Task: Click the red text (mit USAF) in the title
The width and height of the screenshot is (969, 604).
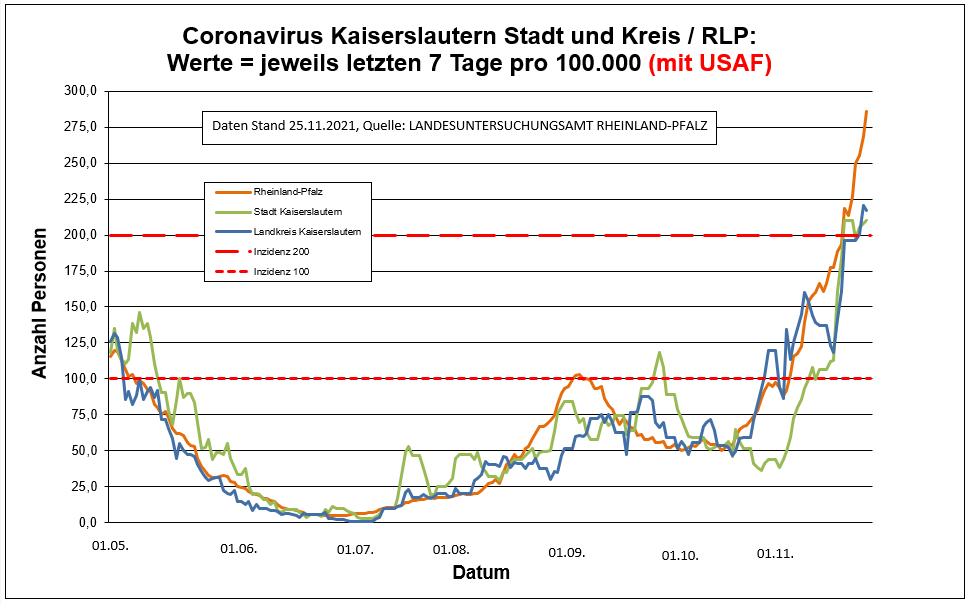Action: point(710,63)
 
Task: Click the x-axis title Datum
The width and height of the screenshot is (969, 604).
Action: point(481,573)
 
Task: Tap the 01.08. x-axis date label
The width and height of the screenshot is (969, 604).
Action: point(451,549)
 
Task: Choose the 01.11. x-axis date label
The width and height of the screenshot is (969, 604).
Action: point(775,553)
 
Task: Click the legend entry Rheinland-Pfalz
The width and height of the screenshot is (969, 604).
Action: point(291,191)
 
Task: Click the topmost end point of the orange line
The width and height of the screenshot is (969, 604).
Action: point(866,112)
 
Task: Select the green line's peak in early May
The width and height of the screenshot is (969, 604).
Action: point(140,313)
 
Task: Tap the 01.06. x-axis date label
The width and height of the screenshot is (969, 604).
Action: point(238,549)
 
